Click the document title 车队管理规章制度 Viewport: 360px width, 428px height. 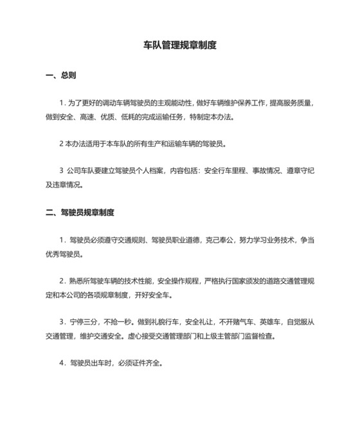coord(179,46)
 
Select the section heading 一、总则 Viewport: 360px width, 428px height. coord(61,75)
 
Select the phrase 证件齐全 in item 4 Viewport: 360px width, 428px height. coord(148,362)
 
